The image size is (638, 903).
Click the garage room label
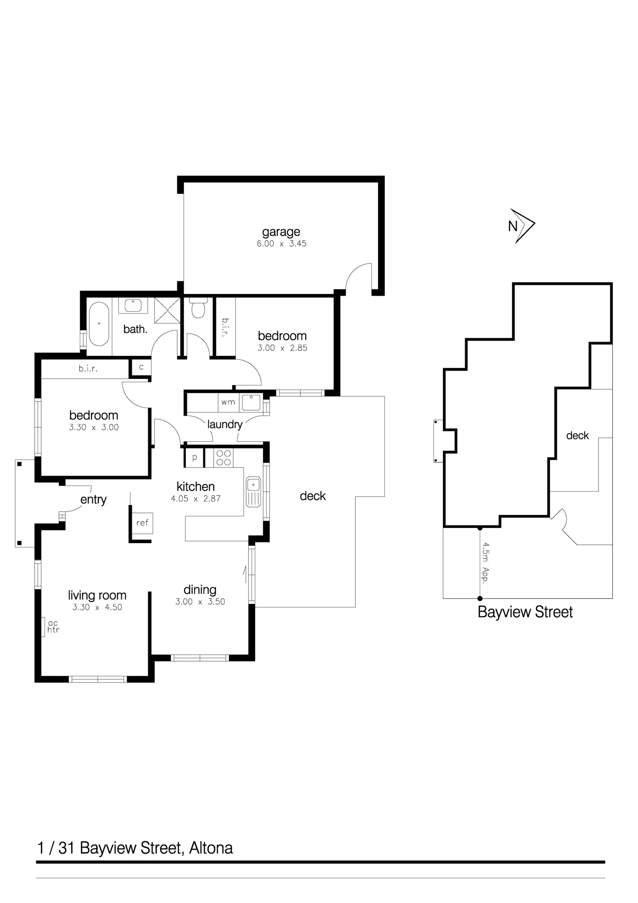pyautogui.click(x=281, y=232)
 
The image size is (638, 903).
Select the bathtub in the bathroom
pyautogui.click(x=99, y=323)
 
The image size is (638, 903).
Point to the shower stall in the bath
pyautogui.click(x=167, y=310)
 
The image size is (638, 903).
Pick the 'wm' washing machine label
pyautogui.click(x=228, y=402)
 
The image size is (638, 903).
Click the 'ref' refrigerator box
pyautogui.click(x=142, y=523)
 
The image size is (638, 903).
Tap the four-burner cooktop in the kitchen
pyautogui.click(x=223, y=458)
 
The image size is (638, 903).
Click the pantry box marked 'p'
pyautogui.click(x=194, y=458)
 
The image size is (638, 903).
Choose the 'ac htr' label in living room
pyautogui.click(x=53, y=627)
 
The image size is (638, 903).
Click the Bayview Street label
pyautogui.click(x=525, y=612)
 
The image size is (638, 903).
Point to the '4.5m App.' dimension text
pyautogui.click(x=486, y=562)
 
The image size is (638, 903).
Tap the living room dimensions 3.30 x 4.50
pyautogui.click(x=97, y=607)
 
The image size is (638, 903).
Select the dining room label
pyautogui.click(x=200, y=590)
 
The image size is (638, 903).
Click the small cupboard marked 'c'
pyautogui.click(x=141, y=367)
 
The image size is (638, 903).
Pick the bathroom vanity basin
pyautogui.click(x=133, y=305)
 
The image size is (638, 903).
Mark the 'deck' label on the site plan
pyautogui.click(x=577, y=436)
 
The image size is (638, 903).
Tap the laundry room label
pyautogui.click(x=225, y=424)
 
